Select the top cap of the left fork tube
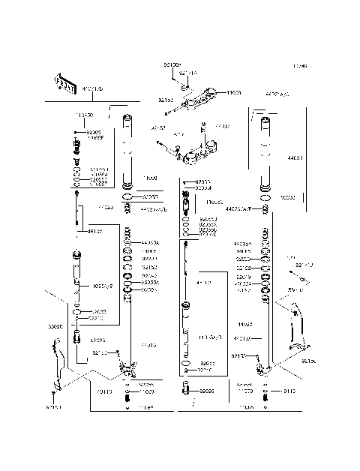pos(128,118)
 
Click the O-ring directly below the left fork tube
pos(128,197)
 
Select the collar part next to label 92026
pos(184,390)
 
